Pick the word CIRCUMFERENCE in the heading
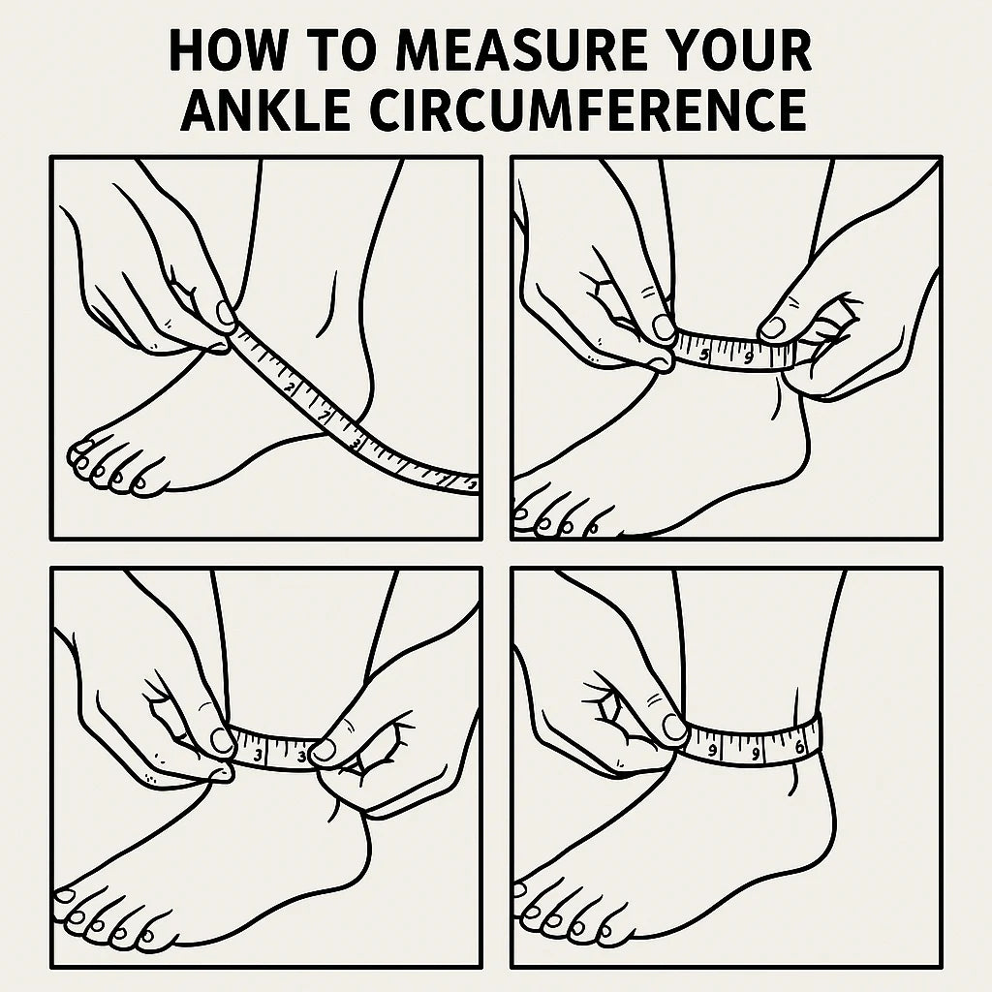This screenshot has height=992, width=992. click(x=588, y=110)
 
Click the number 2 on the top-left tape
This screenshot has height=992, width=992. click(x=291, y=387)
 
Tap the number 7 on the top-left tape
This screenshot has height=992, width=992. click(x=325, y=417)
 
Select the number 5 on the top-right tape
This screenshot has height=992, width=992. click(x=705, y=355)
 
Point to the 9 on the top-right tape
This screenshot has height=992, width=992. click(x=749, y=358)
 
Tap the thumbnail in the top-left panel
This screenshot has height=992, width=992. click(x=225, y=313)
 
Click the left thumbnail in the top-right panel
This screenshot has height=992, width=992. click(x=663, y=327)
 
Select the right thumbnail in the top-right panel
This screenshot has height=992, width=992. click(x=772, y=327)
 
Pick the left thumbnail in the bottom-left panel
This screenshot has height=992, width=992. click(x=222, y=739)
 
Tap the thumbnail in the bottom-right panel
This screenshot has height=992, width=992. click(x=674, y=726)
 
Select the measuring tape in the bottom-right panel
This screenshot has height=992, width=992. click(x=753, y=741)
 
